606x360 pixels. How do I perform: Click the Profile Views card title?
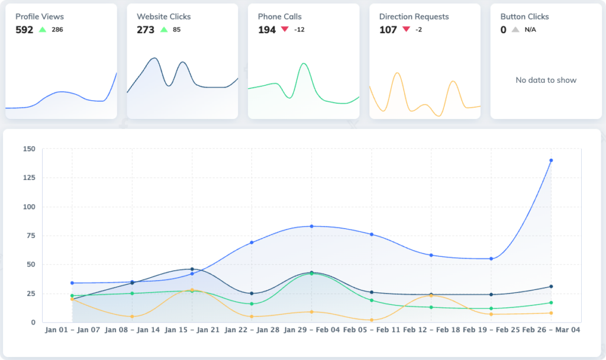[39, 17]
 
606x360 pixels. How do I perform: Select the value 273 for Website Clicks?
[146, 30]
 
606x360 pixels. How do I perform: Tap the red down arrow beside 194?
[285, 29]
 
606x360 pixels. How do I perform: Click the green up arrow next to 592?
[42, 29]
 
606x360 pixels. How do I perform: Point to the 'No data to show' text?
[546, 80]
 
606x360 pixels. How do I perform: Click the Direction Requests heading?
[414, 17]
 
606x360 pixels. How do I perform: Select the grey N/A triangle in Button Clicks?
[515, 30]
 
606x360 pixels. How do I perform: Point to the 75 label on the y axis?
[30, 236]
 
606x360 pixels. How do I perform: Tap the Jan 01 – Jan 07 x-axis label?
[72, 330]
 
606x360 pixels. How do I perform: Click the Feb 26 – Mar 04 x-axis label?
[550, 330]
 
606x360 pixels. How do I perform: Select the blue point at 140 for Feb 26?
[551, 160]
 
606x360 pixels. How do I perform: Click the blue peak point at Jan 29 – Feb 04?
[311, 226]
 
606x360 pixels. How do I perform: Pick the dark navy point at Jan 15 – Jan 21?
[192, 269]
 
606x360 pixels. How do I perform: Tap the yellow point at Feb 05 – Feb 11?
[371, 320]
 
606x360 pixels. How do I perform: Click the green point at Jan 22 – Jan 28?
[252, 304]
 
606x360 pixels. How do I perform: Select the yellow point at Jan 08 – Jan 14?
[132, 317]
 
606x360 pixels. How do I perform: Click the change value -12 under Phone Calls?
[299, 30]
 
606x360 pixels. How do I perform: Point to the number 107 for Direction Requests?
[388, 30]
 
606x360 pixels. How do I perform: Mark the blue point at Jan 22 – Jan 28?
[252, 242]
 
